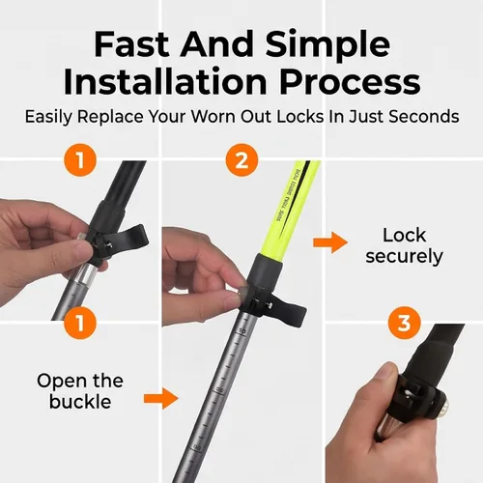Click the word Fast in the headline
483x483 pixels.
tap(131, 44)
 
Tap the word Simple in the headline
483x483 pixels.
tap(328, 45)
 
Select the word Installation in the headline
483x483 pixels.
tap(165, 81)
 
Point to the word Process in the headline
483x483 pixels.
tap(351, 82)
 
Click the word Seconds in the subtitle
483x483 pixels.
tap(424, 116)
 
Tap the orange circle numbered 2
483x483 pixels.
tap(241, 159)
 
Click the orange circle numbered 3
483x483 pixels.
tap(404, 323)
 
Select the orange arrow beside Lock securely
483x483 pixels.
tap(330, 242)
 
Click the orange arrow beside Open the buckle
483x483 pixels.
tap(160, 399)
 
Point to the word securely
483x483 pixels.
tap(404, 257)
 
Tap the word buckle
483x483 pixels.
tap(80, 402)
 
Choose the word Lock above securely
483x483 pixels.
tap(405, 235)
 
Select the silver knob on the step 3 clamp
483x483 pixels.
tap(443, 408)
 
